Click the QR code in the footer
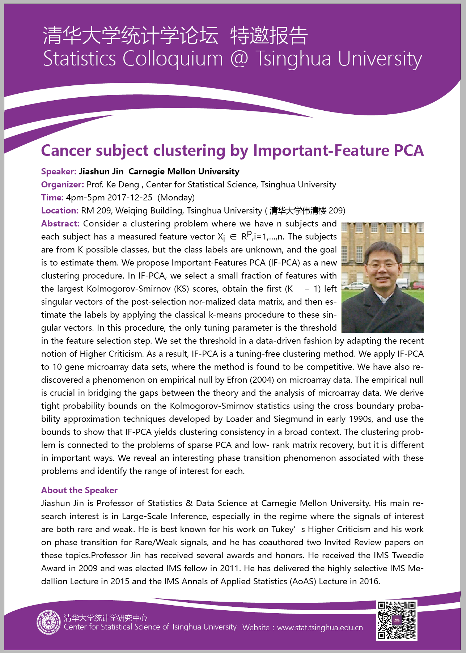tap(397, 620)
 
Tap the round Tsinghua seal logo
tap(48, 622)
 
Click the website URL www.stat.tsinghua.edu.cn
tap(320, 628)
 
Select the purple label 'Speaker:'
tap(59, 171)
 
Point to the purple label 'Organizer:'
tap(63, 185)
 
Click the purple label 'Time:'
tap(52, 198)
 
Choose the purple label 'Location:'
tap(60, 211)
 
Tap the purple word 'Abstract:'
tap(60, 224)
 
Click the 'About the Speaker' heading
tap(79, 490)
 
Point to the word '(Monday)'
tap(176, 198)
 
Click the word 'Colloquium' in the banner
tap(173, 59)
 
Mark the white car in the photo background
tap(352, 286)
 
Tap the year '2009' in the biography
tap(88, 568)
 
